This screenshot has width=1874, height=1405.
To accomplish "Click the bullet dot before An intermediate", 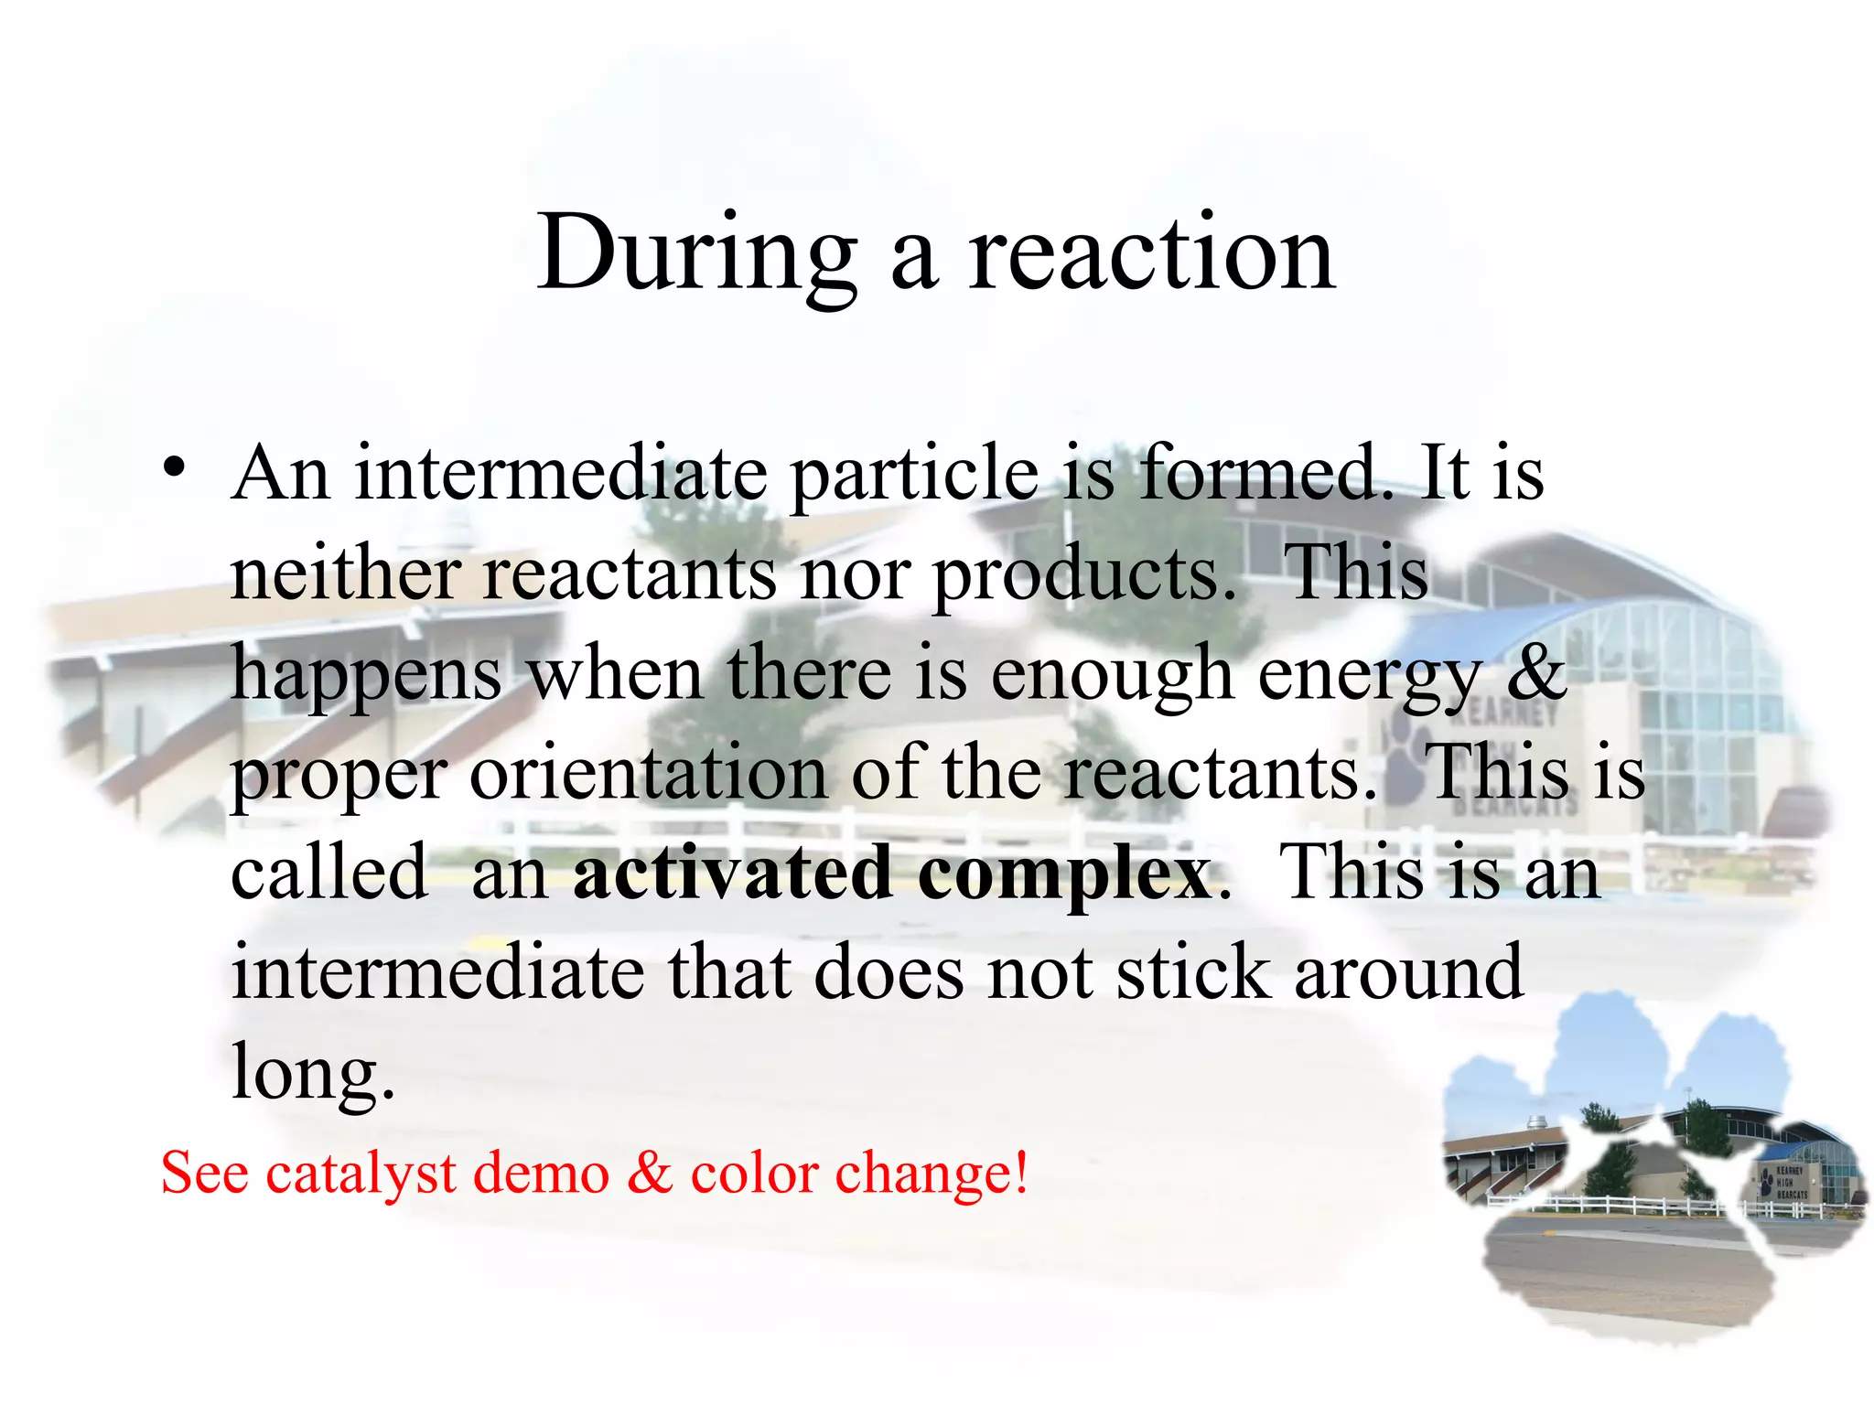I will click(174, 468).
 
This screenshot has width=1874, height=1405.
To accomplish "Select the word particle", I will click(914, 476).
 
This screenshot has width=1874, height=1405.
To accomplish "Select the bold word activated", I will click(732, 873).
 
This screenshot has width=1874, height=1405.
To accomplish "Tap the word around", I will click(1408, 973).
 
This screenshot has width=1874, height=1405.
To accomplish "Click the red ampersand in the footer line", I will click(649, 1173).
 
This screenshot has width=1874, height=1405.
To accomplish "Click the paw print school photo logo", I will click(1647, 1180).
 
